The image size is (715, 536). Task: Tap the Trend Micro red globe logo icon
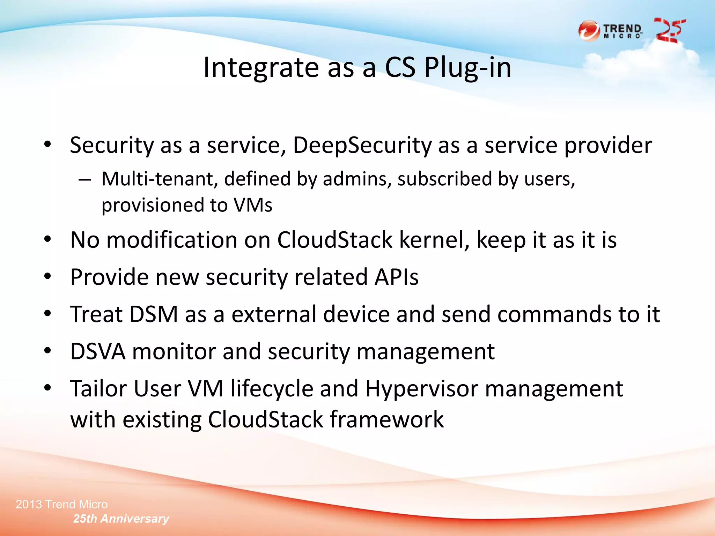tap(589, 31)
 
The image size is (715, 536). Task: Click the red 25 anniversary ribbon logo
tap(670, 31)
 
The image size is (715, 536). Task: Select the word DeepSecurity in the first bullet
tap(362, 146)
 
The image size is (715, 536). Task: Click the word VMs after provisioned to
tap(253, 205)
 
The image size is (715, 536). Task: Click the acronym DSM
tap(154, 314)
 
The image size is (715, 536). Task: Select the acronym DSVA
tap(98, 351)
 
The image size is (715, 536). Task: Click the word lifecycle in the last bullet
tap(272, 389)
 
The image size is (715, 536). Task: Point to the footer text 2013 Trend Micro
tap(62, 504)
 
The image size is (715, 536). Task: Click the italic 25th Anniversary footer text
tap(121, 519)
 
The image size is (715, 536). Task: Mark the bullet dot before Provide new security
tap(48, 277)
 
